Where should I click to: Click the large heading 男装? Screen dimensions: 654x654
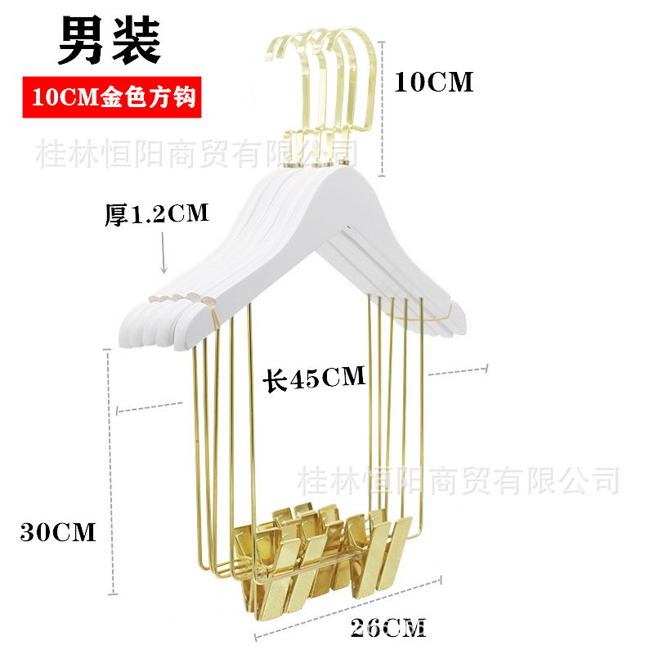(110, 39)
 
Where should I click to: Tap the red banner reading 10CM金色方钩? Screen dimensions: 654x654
(112, 97)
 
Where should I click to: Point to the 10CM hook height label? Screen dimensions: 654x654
(434, 82)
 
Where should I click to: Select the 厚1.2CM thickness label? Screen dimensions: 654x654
(156, 214)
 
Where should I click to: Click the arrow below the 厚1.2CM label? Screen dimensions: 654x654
(163, 253)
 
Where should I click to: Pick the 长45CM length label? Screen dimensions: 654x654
(314, 378)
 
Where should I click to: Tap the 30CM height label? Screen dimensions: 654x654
(58, 533)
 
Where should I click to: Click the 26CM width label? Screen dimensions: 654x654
(388, 628)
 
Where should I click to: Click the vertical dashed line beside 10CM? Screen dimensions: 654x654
(382, 110)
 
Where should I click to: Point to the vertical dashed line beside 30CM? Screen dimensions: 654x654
(110, 472)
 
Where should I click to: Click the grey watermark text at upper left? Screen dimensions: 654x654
(196, 154)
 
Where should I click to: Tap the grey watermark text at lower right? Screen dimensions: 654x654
(458, 481)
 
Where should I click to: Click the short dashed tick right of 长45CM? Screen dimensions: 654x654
(458, 370)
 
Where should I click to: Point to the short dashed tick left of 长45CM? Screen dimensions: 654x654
(149, 407)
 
